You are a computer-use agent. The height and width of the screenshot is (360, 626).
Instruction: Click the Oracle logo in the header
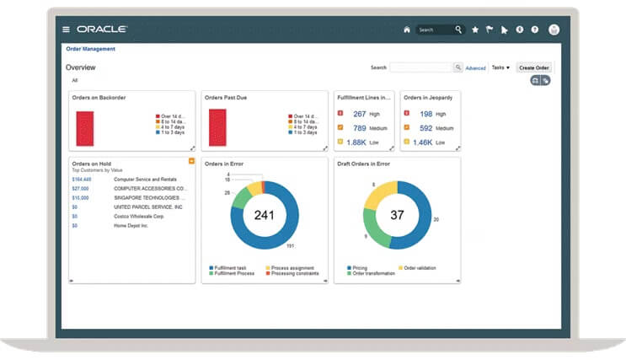click(102, 30)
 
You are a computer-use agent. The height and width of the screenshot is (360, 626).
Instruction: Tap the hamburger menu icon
click(67, 30)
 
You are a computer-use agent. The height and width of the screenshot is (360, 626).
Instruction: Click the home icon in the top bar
click(407, 30)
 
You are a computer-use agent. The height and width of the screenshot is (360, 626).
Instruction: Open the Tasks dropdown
click(500, 67)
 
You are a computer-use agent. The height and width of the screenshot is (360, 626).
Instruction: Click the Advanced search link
click(475, 68)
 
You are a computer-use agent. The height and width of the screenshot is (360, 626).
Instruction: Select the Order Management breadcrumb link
click(91, 49)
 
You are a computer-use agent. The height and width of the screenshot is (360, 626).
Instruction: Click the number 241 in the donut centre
click(265, 215)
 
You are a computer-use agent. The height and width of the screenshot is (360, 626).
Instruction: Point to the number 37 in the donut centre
click(398, 215)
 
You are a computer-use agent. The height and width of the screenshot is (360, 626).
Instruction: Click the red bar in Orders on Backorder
click(85, 128)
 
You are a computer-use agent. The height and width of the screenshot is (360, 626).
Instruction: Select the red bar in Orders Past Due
click(217, 128)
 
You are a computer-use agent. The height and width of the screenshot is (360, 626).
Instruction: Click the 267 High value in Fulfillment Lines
click(359, 114)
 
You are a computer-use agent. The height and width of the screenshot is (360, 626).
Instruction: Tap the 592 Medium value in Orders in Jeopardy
click(425, 128)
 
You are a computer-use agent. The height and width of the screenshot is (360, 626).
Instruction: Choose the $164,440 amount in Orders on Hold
click(82, 180)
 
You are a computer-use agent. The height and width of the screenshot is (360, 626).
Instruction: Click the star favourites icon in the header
click(475, 30)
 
